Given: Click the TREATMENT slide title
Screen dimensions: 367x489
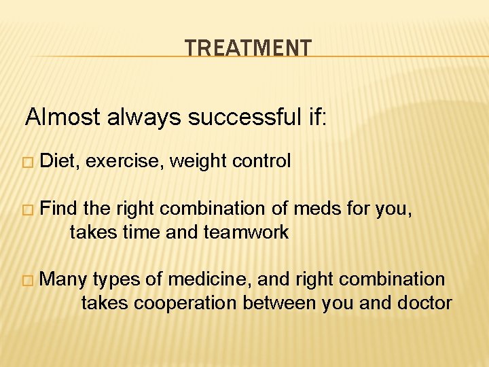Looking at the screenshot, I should [x=248, y=48].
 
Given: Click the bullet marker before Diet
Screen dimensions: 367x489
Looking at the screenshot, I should [x=27, y=162].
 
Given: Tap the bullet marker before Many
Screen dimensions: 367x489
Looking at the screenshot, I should [x=27, y=279].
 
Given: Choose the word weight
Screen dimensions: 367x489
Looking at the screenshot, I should [x=198, y=161].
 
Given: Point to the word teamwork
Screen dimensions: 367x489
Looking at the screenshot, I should [x=246, y=232].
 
